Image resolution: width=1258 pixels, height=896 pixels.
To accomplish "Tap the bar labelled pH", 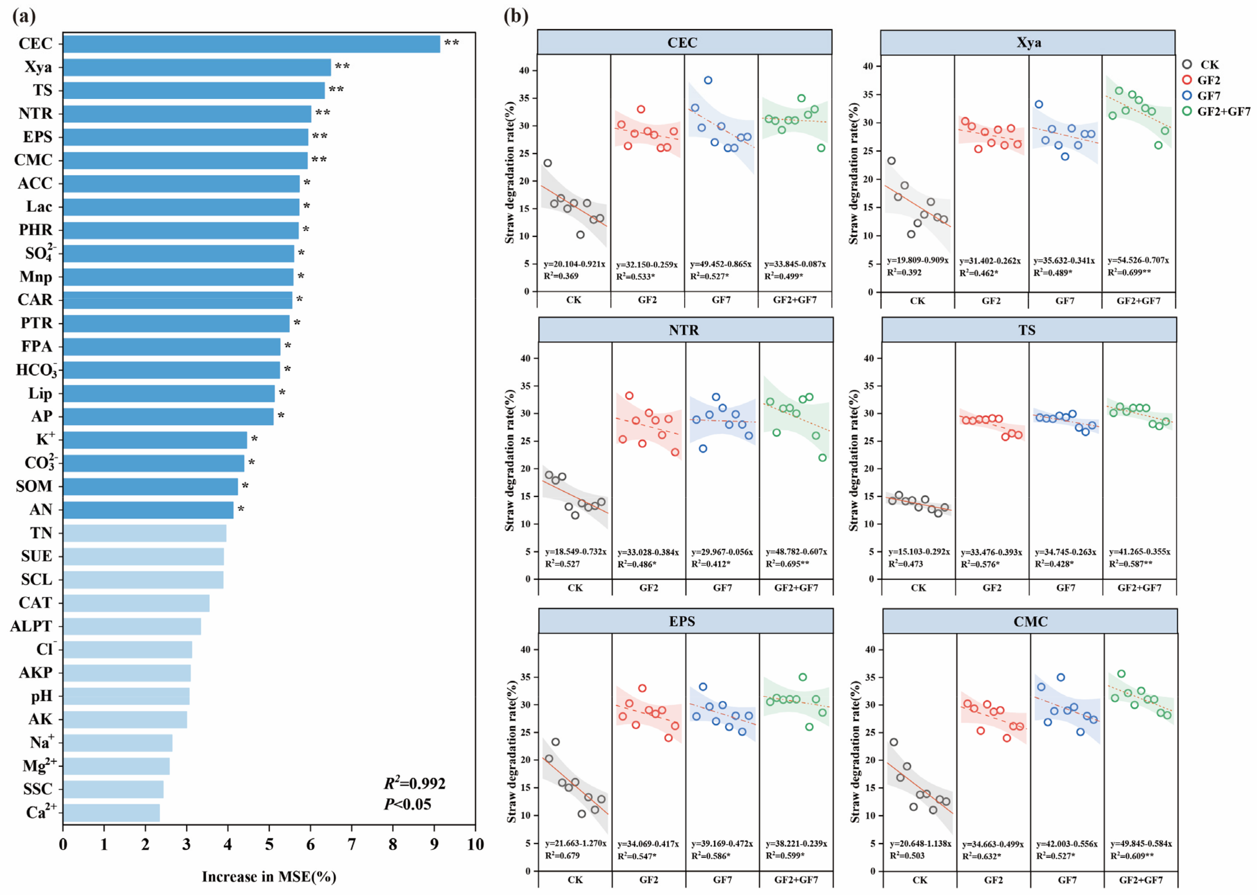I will pyautogui.click(x=126, y=696).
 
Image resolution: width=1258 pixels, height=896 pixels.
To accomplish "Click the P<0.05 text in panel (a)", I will pyautogui.click(x=407, y=804).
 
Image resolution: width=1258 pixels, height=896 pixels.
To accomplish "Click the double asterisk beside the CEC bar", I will pyautogui.click(x=451, y=43).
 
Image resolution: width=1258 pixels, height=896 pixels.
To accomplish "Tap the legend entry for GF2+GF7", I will pyautogui.click(x=1223, y=111).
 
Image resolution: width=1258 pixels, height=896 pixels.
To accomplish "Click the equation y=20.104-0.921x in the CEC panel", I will pyautogui.click(x=574, y=264).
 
